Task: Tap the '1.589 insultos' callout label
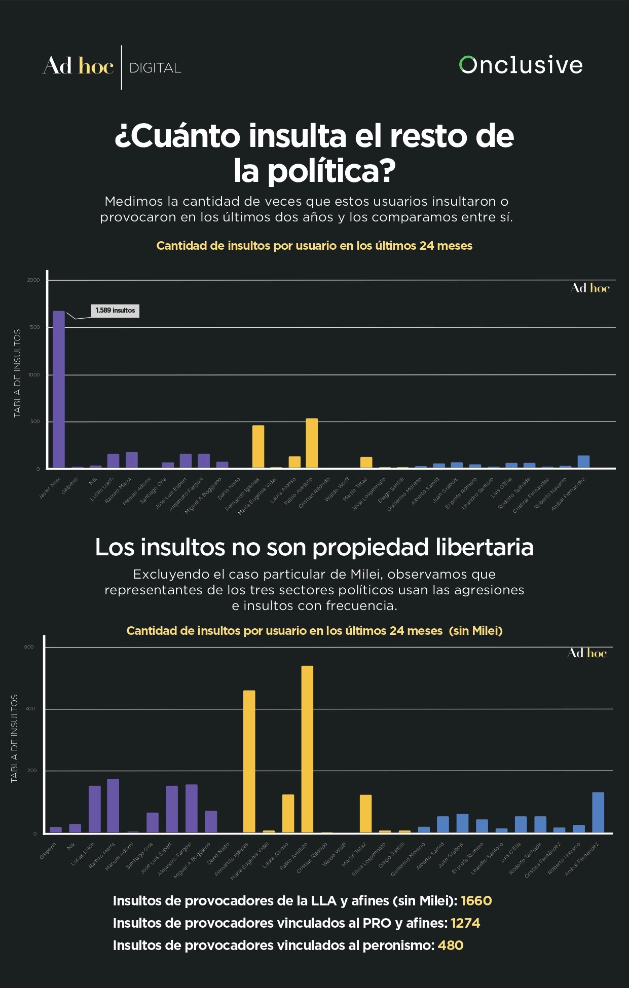116,311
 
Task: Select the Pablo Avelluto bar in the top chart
312,443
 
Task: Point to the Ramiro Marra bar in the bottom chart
113,806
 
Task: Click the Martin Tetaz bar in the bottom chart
365,813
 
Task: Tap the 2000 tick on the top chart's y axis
33,280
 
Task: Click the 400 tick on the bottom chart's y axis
30,709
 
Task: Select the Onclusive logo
521,65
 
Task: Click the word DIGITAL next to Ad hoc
155,68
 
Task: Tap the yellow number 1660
476,901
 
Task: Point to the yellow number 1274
465,923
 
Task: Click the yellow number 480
451,945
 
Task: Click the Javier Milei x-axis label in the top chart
50,487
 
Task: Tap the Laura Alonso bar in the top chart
294,462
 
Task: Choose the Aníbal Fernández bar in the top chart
583,462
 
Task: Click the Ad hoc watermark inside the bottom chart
587,653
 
